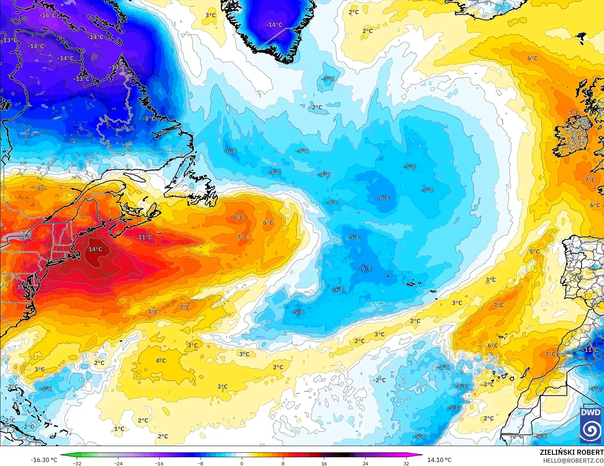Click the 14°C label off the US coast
tap(95, 249)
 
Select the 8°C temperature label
tap(238, 218)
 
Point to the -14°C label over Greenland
tap(274, 25)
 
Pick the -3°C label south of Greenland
tap(328, 79)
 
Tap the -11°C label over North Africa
tap(590, 349)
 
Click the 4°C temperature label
tap(161, 361)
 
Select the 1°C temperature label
tap(119, 429)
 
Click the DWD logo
tap(591, 425)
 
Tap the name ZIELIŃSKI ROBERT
tap(571, 453)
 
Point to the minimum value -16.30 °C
tap(44, 460)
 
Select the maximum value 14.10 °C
tap(439, 460)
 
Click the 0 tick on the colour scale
tap(242, 463)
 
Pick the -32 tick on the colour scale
tap(77, 463)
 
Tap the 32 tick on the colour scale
tap(406, 463)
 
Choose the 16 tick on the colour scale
tap(324, 463)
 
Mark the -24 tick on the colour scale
tap(118, 463)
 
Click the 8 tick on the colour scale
tap(283, 463)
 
